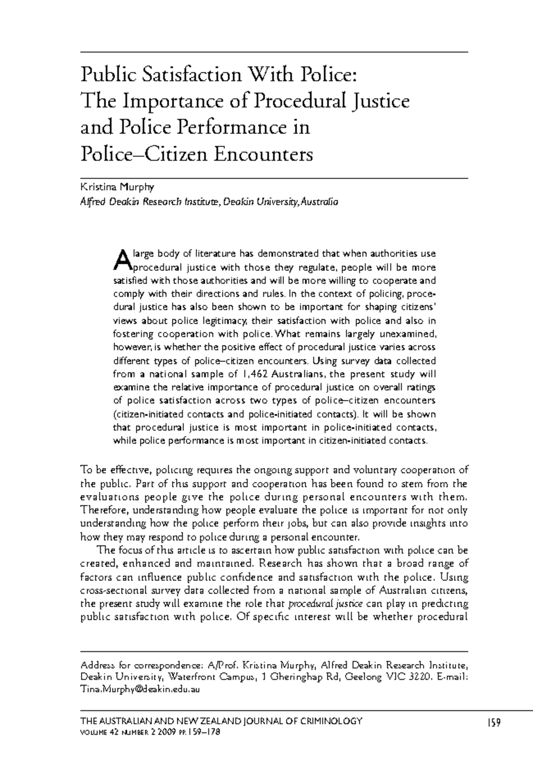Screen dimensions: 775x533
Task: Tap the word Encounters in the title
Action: tap(264, 155)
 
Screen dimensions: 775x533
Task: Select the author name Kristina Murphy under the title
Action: tap(117, 187)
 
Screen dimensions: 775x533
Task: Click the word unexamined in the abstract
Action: tap(408, 334)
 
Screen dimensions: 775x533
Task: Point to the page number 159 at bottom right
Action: tap(493, 723)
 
